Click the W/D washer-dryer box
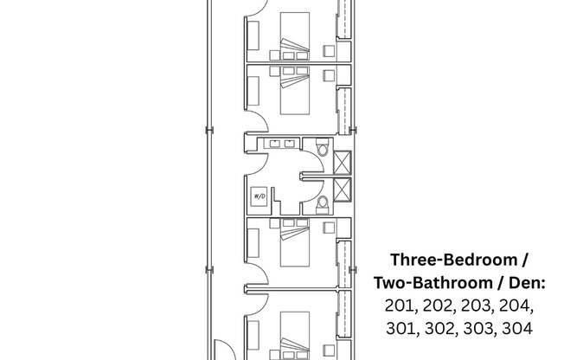click(259, 196)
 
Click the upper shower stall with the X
click(342, 161)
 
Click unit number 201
click(401, 305)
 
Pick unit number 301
click(401, 328)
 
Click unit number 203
click(478, 305)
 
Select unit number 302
click(439, 328)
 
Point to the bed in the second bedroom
click(293, 91)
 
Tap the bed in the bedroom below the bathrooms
click(293, 244)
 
